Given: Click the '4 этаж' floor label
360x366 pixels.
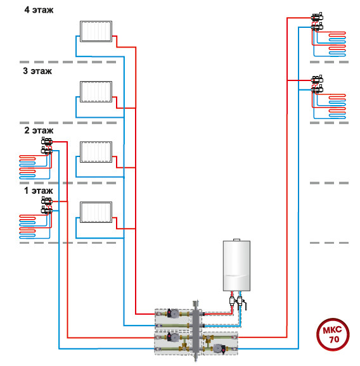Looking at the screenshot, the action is click(39, 10).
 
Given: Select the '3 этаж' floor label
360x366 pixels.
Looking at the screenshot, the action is click(37, 71).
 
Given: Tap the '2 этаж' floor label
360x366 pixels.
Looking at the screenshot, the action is click(39, 130).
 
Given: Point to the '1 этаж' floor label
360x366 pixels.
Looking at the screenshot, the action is click(39, 191).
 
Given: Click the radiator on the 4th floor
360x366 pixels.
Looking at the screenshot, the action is click(96, 32).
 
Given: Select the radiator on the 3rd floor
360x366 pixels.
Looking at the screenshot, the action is click(96, 92).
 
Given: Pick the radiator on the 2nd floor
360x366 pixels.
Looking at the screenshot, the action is click(96, 152).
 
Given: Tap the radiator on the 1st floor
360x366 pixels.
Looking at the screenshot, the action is click(96, 212).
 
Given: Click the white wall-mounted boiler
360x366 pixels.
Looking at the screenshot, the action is click(236, 265).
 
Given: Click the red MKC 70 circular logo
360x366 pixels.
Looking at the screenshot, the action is click(333, 334).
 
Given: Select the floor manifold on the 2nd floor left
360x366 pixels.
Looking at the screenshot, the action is click(47, 146).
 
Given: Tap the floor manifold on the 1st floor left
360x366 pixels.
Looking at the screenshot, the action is click(47, 205).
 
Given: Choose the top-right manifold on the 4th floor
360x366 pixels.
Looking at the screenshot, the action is click(317, 22).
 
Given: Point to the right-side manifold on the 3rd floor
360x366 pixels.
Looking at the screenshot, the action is click(317, 84).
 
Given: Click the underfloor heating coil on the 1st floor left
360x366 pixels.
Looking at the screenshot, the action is click(35, 227).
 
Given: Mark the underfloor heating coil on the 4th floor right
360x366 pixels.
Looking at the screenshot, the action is click(330, 44).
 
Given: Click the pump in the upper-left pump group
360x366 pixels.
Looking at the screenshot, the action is click(172, 313).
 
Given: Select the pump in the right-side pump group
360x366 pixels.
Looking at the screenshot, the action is click(220, 349).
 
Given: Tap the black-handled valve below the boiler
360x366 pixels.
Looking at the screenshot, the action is click(241, 303).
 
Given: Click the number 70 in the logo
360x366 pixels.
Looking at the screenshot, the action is click(334, 339).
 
